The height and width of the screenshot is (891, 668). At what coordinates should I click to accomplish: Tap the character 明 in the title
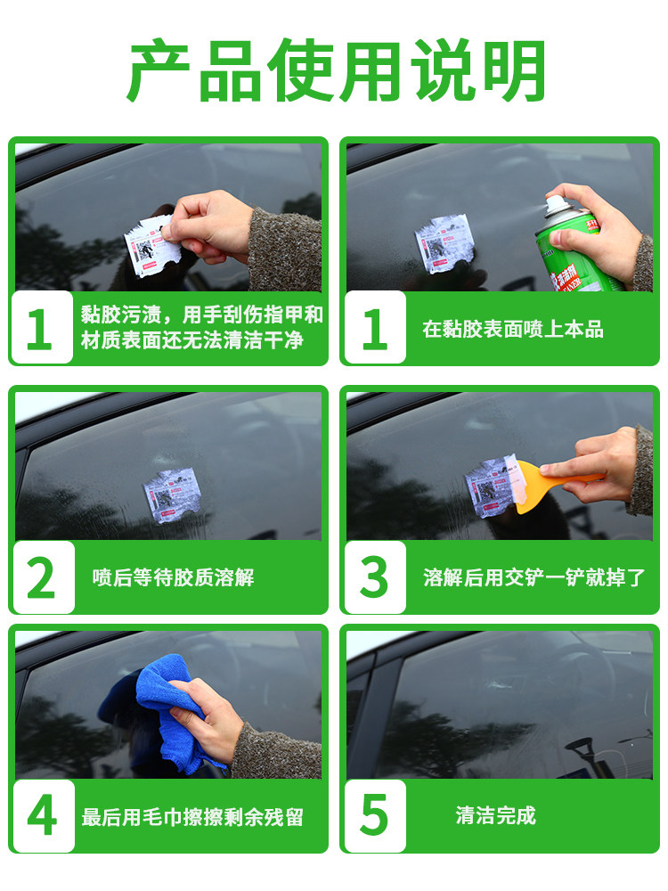512,70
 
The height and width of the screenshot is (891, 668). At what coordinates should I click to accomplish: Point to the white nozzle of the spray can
555,207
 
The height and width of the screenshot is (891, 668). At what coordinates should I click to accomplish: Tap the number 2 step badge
44,577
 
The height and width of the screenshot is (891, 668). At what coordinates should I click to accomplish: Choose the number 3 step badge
375,577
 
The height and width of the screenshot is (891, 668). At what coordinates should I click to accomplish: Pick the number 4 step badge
44,816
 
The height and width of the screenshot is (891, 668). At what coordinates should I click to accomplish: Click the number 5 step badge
375,816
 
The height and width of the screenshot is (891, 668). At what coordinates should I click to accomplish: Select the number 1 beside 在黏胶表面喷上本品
375,328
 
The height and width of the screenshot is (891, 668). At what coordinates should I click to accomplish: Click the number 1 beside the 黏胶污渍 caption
42,328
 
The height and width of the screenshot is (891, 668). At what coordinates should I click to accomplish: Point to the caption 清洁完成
495,815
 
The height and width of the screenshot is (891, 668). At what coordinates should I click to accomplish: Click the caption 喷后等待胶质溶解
174,577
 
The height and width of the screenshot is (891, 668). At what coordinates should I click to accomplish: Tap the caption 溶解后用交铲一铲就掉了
534,577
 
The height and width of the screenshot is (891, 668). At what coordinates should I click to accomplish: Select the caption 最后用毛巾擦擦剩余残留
192,817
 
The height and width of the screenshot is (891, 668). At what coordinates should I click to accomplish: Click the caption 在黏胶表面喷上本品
512,329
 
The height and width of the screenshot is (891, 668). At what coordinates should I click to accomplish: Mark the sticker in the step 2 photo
172,495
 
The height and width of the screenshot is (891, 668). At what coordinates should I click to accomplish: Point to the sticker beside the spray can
444,243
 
